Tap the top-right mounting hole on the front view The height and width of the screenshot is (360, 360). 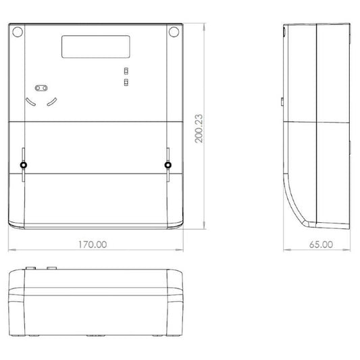[x=174, y=32]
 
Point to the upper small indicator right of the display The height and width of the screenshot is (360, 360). [x=126, y=71]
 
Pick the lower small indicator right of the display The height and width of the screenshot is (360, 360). [x=126, y=82]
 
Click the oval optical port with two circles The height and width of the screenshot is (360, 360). [x=41, y=87]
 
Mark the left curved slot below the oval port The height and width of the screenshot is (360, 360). [x=29, y=103]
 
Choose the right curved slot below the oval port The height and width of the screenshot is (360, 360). [x=53, y=103]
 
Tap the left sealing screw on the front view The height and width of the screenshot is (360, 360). [x=23, y=165]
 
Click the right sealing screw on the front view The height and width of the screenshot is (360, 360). [x=168, y=165]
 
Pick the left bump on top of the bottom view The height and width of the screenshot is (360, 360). [x=30, y=267]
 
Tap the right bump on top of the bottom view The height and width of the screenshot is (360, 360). [x=51, y=267]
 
